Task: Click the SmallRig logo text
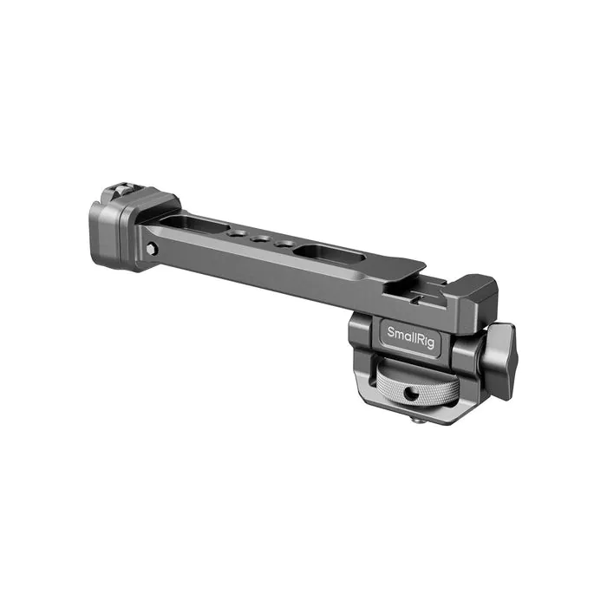(410, 336)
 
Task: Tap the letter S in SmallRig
(390, 332)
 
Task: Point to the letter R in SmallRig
(421, 338)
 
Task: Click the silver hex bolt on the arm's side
(152, 248)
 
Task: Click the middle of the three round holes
(259, 239)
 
